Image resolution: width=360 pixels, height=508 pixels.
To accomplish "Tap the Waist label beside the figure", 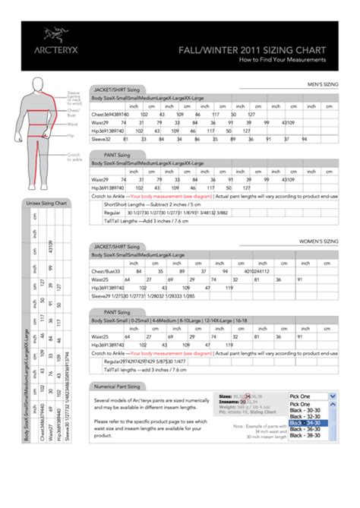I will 73,123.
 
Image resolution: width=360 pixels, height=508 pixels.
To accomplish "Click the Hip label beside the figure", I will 71,134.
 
